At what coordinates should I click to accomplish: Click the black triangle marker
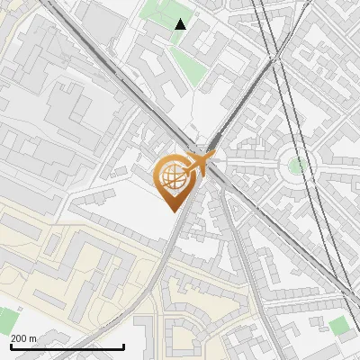click(x=180, y=24)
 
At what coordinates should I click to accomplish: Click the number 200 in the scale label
click(x=19, y=338)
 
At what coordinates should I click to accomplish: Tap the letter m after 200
click(x=32, y=338)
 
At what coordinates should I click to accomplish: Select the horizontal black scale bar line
click(x=67, y=346)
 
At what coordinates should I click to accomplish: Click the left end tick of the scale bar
click(x=11, y=346)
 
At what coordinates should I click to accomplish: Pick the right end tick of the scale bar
click(x=123, y=346)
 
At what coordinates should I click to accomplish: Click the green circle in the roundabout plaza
click(x=296, y=165)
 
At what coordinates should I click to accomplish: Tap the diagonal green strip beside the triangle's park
click(x=189, y=67)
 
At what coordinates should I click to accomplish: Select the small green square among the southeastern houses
click(x=337, y=325)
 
